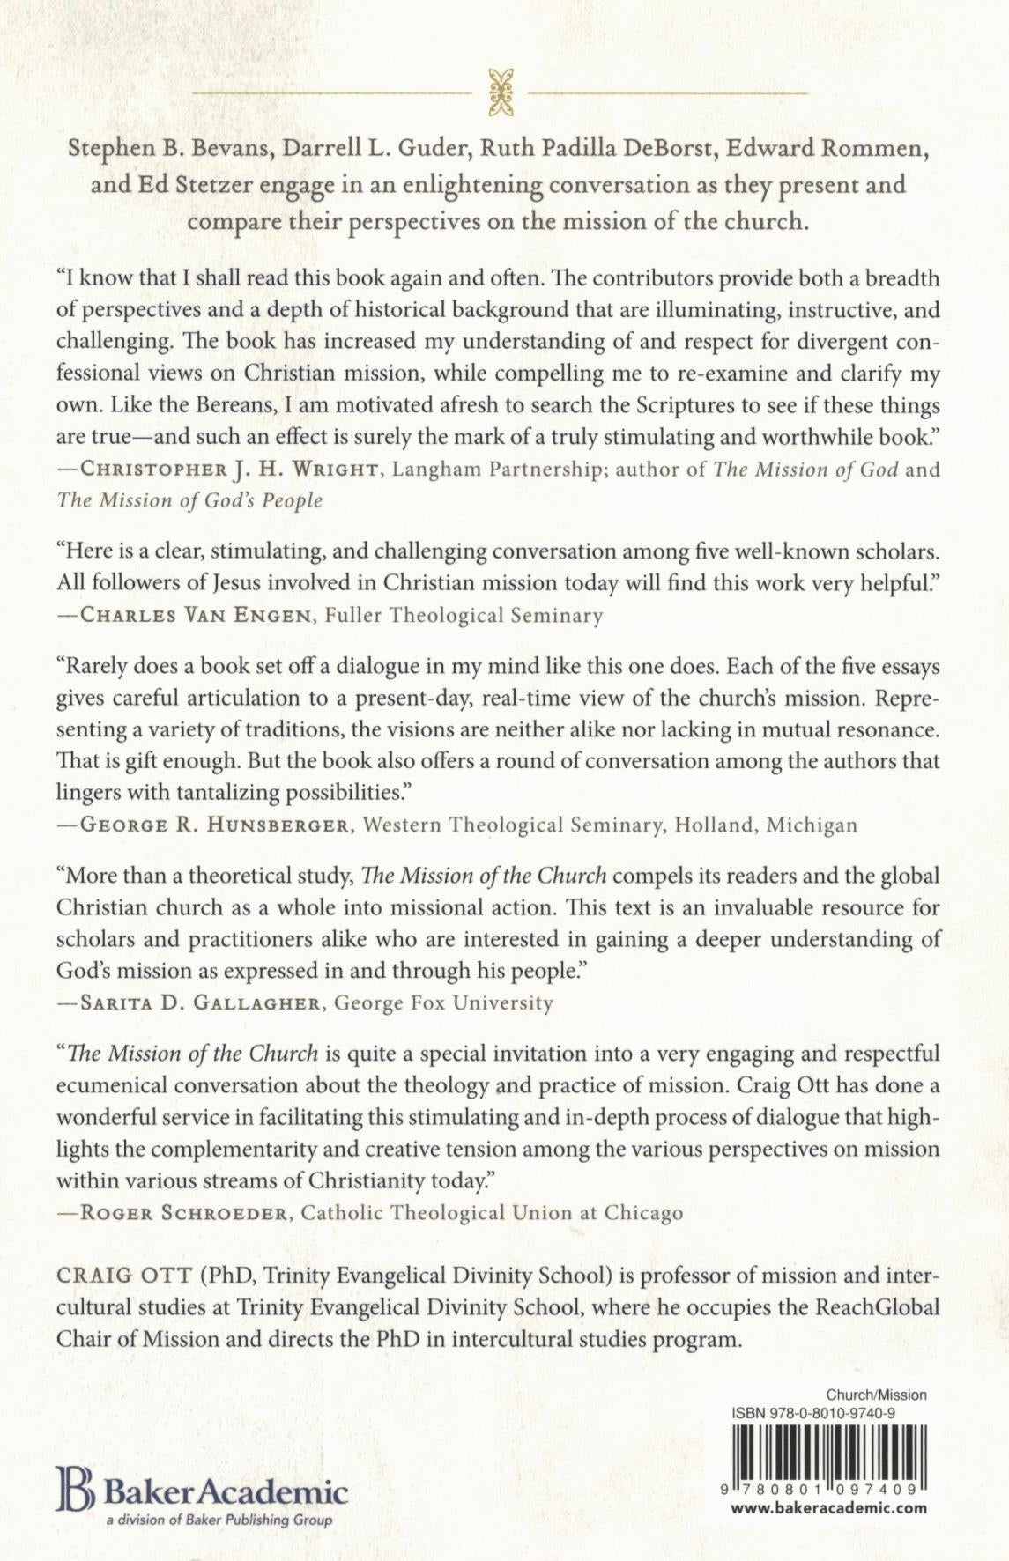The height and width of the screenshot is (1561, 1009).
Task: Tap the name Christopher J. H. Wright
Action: click(230, 470)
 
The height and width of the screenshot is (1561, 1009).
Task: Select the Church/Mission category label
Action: click(876, 1395)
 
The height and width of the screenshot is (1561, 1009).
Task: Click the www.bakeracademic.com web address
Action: click(829, 1507)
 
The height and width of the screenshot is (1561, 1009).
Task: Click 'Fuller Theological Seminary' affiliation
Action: click(464, 615)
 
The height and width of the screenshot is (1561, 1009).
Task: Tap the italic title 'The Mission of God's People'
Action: click(189, 500)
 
